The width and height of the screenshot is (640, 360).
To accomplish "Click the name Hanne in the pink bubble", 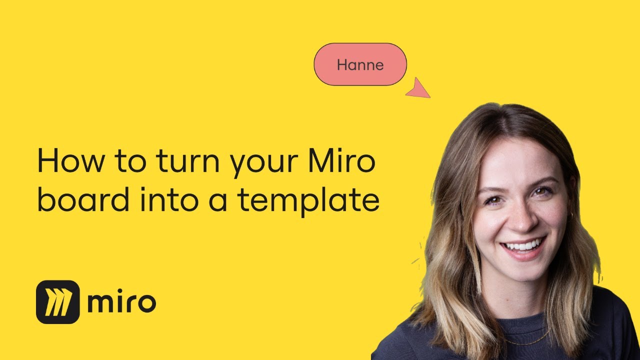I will pyautogui.click(x=360, y=64).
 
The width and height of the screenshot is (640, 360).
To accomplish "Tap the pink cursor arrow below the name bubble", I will pyautogui.click(x=419, y=89).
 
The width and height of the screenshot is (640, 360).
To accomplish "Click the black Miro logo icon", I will pyautogui.click(x=58, y=301).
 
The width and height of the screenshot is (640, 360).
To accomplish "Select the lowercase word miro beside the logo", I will pyautogui.click(x=121, y=302).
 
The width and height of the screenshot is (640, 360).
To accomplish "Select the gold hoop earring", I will pyautogui.click(x=570, y=216).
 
